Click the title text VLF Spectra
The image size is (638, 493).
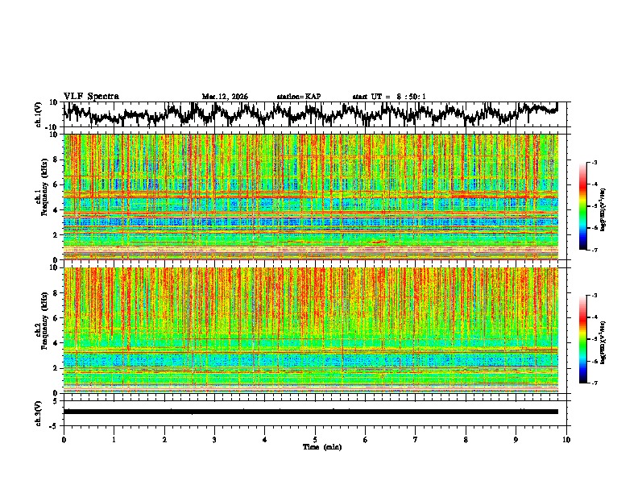[91, 96]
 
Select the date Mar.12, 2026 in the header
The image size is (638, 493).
[225, 97]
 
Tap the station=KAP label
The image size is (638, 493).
[299, 97]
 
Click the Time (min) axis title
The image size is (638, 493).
[321, 446]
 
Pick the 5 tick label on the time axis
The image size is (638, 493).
[315, 439]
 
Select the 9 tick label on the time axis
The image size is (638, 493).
[516, 439]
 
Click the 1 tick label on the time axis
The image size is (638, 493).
[114, 439]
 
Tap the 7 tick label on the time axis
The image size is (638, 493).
[416, 439]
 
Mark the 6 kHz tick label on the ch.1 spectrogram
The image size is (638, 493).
[56, 184]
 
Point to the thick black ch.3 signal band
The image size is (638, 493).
[311, 412]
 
